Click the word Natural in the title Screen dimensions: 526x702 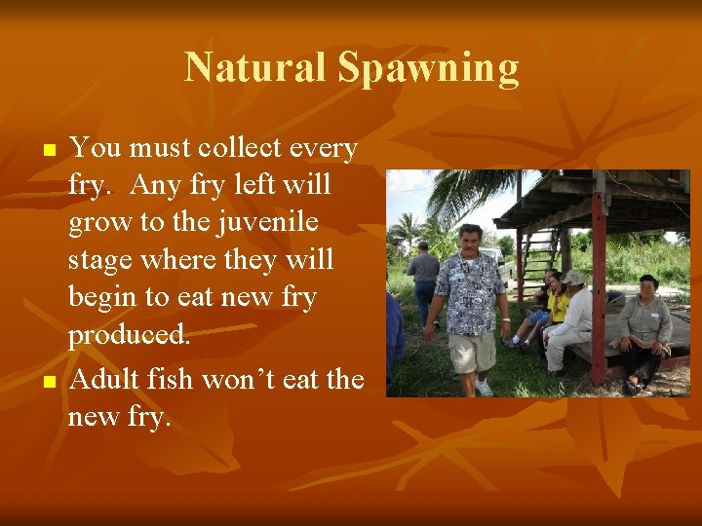pos(255,68)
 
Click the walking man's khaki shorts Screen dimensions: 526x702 pos(473,351)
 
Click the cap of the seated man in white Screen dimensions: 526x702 pos(572,278)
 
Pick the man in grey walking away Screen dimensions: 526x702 pos(424,278)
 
